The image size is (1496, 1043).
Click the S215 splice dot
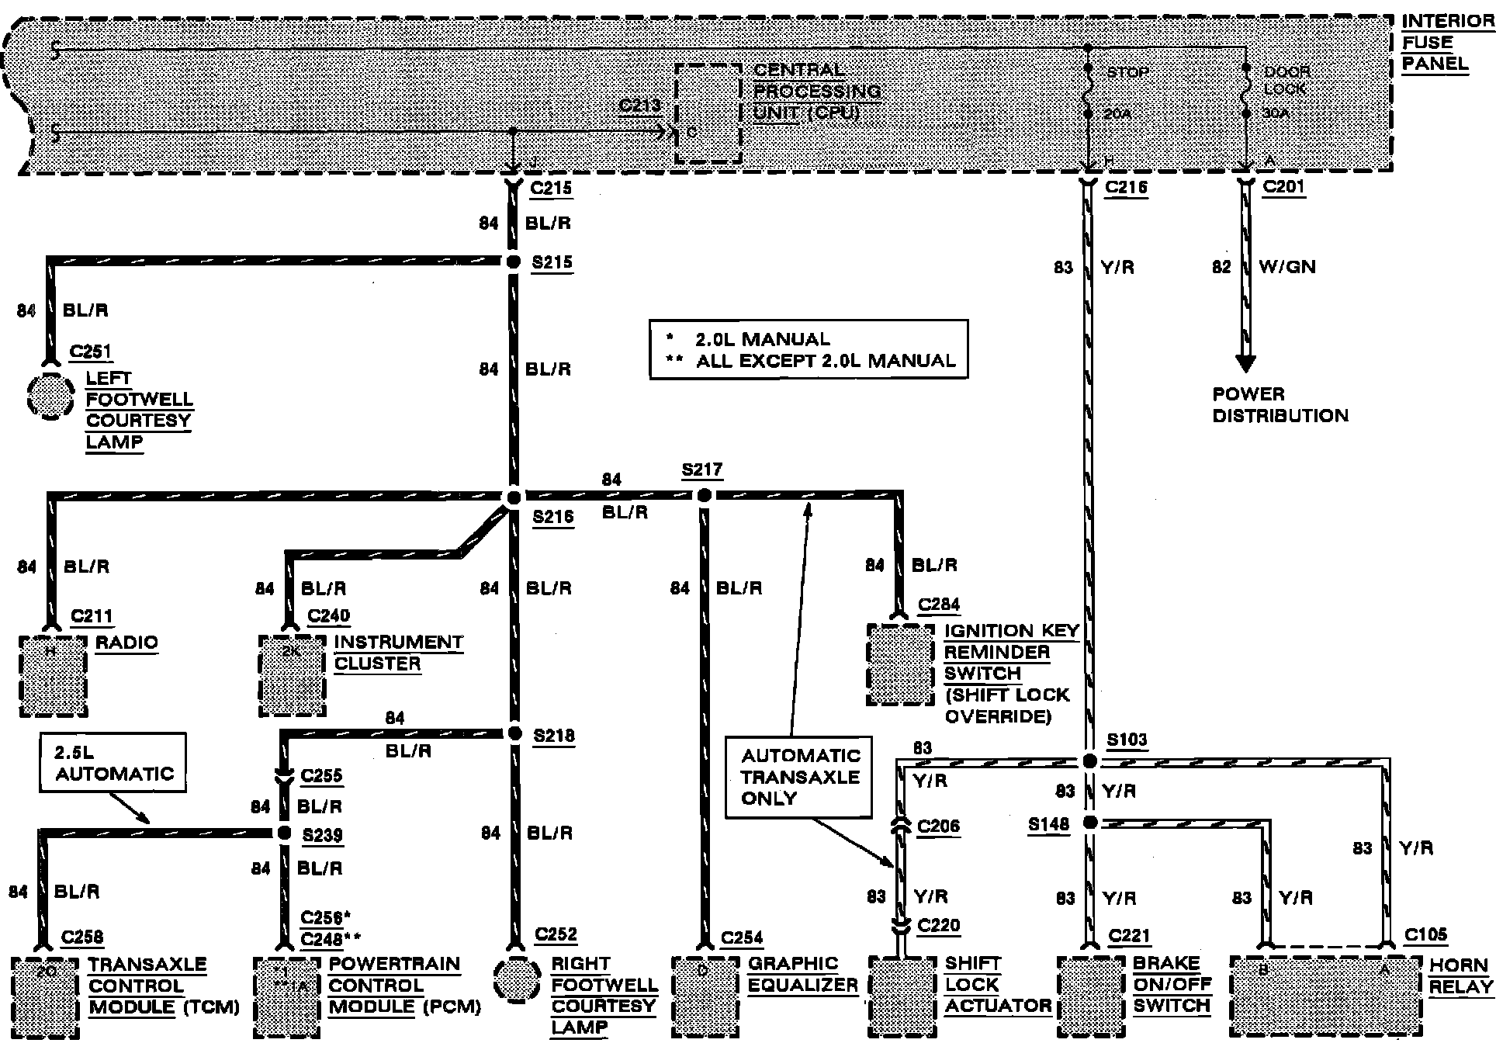(513, 262)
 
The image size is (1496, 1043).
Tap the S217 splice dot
(703, 495)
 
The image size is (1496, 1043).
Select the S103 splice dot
(1089, 761)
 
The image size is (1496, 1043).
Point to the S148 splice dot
(1089, 823)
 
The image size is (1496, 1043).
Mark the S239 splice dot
(284, 833)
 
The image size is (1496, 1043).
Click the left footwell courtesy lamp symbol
(51, 396)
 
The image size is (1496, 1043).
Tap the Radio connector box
(53, 676)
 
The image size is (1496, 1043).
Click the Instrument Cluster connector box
(292, 676)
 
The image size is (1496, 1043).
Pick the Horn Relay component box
(1327, 996)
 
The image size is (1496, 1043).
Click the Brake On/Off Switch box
(1090, 996)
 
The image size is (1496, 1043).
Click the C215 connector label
(551, 188)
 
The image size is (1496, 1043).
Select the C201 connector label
(1283, 187)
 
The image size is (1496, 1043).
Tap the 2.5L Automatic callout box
(114, 764)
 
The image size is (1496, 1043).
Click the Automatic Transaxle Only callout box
(799, 777)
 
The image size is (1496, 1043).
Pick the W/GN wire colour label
(1286, 267)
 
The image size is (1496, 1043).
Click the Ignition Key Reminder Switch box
(900, 665)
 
